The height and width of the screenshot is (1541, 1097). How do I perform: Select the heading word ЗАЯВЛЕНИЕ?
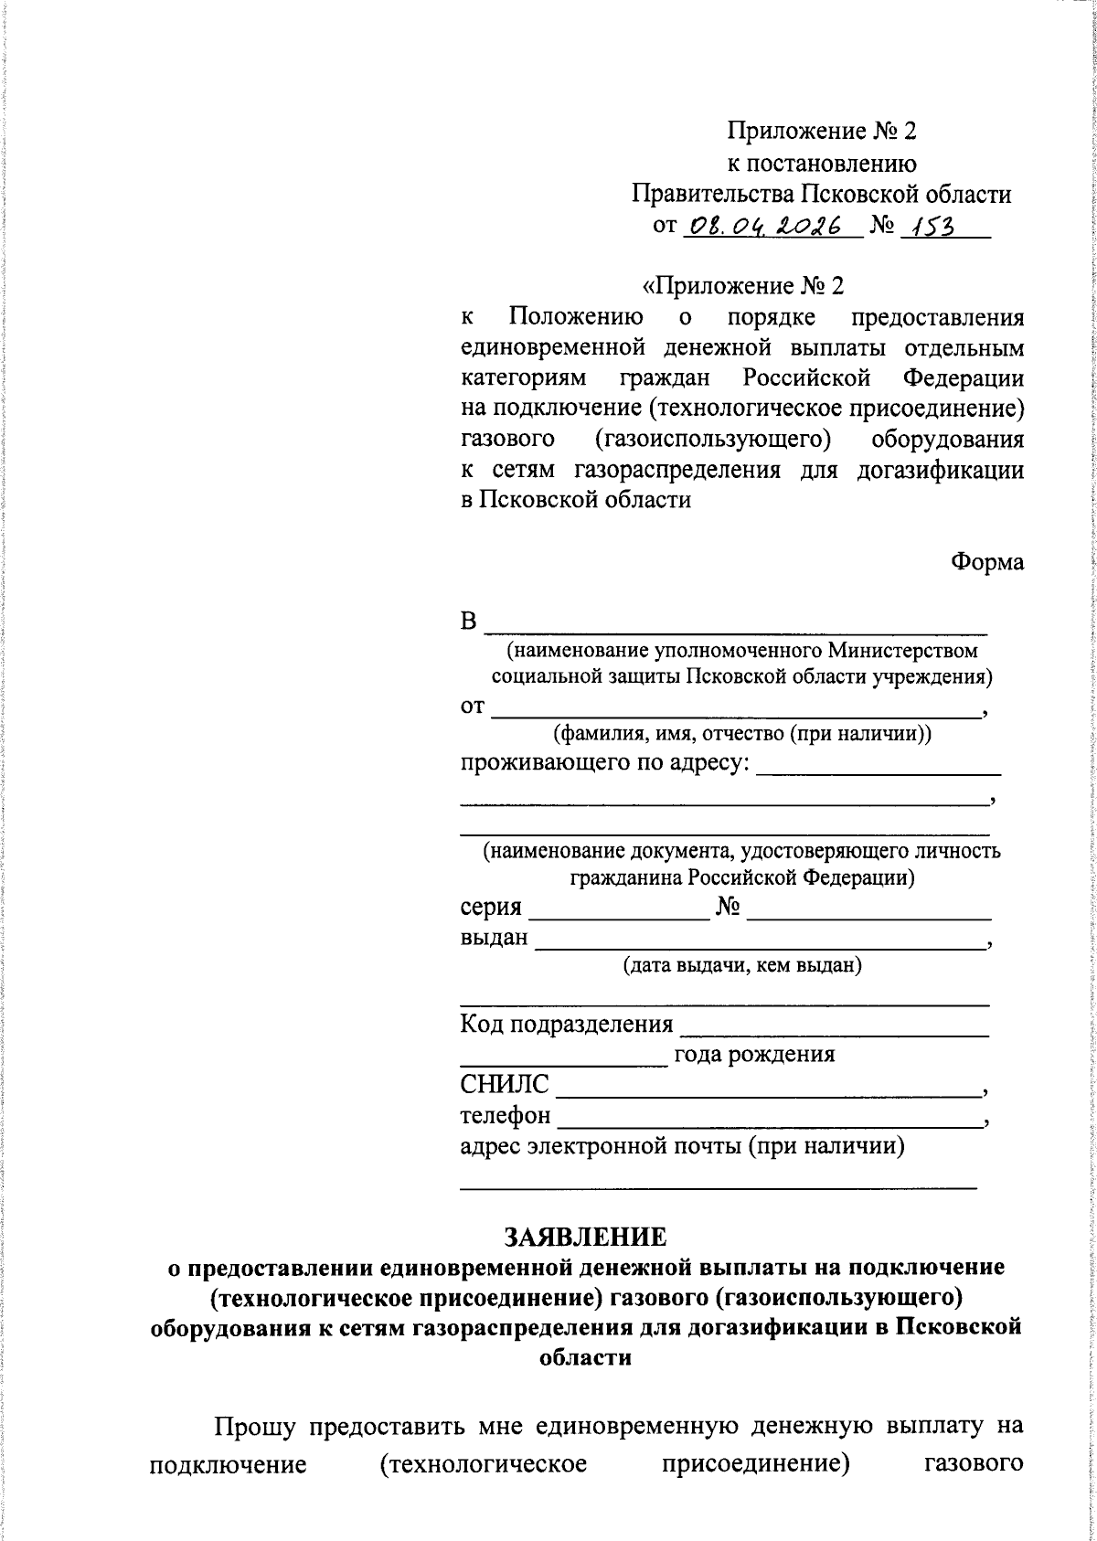[x=585, y=1237]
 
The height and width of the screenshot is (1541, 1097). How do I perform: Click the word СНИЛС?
[x=505, y=1085]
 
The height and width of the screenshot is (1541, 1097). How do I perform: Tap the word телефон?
[x=506, y=1115]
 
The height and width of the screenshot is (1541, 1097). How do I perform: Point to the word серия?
[x=491, y=907]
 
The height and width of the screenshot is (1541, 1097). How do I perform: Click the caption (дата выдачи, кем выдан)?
[x=742, y=965]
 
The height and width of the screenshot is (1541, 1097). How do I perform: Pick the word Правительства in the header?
[x=713, y=194]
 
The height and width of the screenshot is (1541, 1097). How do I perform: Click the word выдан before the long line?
[x=494, y=937]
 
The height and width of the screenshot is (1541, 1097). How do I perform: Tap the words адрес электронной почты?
[x=601, y=1145]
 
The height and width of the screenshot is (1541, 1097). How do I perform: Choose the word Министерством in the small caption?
[x=901, y=651]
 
